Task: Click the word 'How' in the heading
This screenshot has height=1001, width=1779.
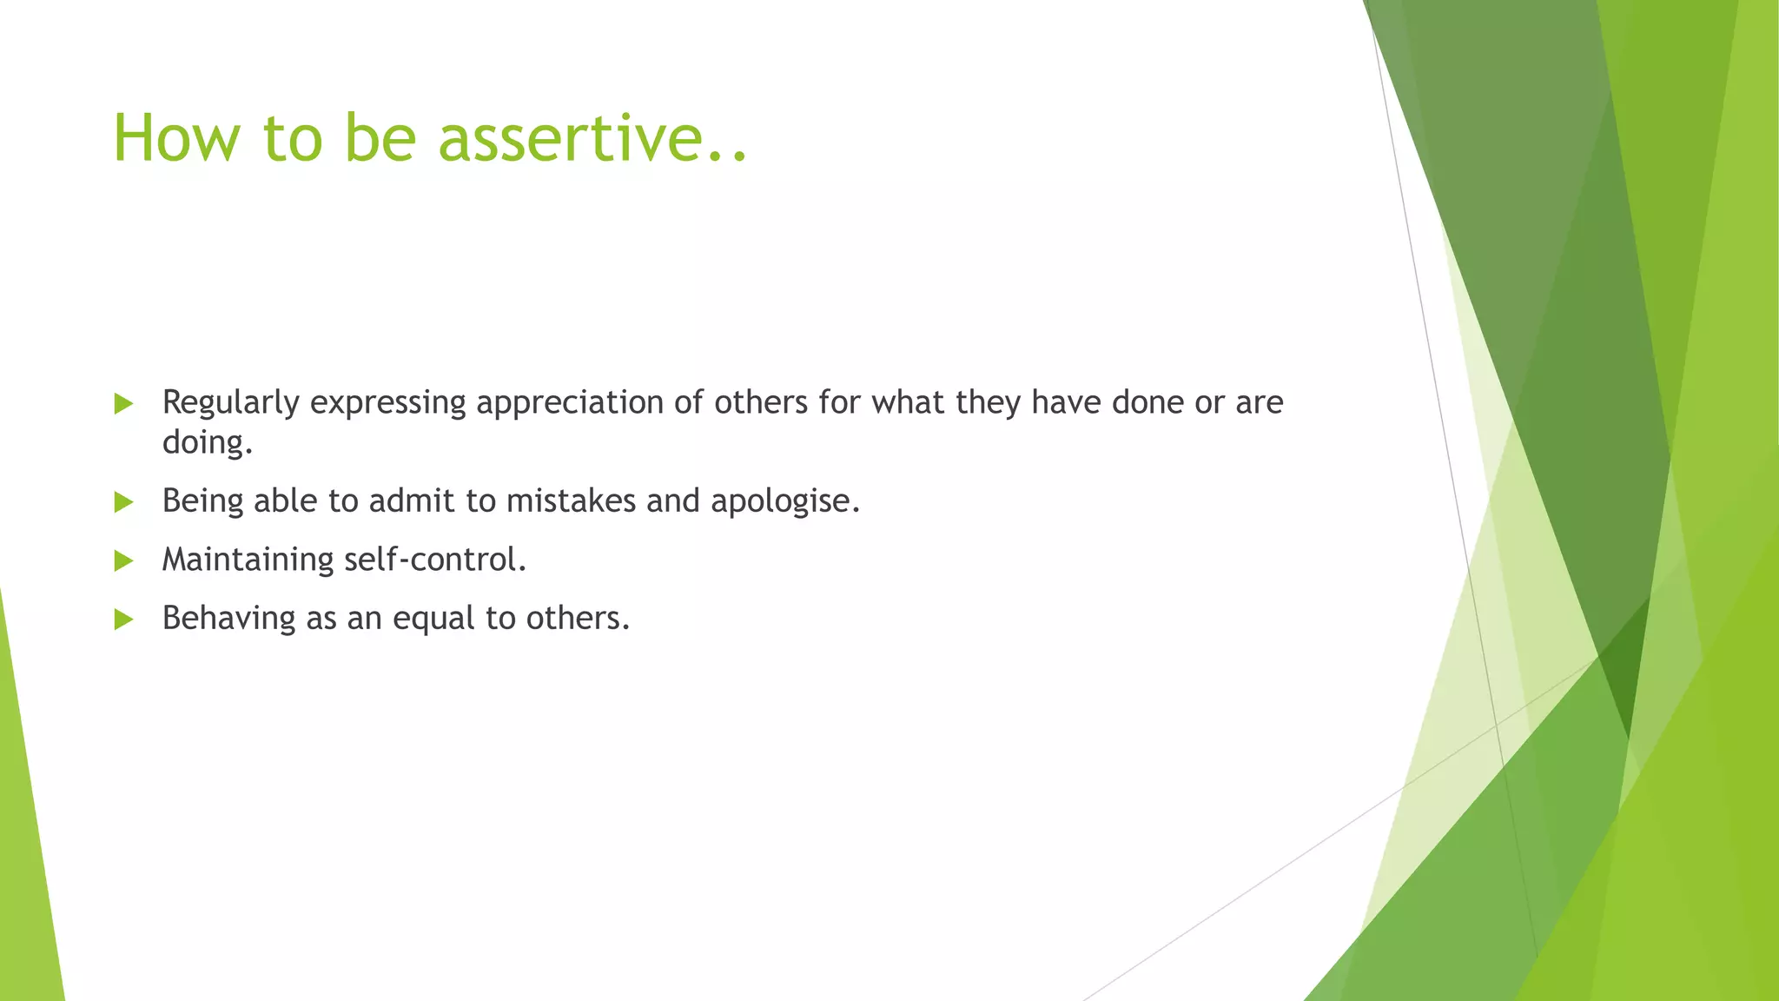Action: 175,138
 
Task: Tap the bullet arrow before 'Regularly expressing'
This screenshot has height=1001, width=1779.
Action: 123,403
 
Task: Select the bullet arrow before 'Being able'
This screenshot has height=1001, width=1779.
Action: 123,502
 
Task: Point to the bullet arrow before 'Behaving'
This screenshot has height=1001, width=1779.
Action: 123,620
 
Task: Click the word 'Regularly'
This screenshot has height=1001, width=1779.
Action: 230,403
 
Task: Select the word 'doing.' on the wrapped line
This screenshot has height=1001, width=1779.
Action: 207,443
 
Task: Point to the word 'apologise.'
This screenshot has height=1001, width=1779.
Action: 784,501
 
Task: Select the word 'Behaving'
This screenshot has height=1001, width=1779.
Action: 228,618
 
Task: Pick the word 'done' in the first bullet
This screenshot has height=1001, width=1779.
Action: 1147,402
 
